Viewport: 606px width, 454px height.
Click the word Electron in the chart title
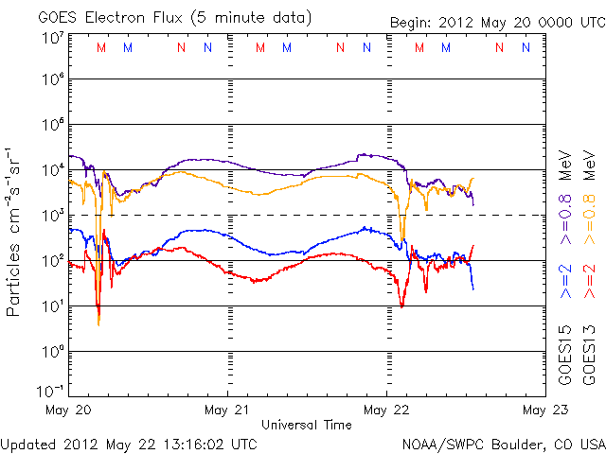pos(121,18)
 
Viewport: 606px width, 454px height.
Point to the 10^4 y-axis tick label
pos(53,169)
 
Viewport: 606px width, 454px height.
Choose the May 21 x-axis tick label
pos(228,410)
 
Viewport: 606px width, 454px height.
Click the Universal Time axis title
pos(306,425)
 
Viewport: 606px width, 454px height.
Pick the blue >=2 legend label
pos(565,282)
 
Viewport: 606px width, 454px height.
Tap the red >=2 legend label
pos(588,282)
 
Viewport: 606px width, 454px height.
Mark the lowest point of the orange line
pos(98,324)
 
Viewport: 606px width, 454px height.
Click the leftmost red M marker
pos(101,47)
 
